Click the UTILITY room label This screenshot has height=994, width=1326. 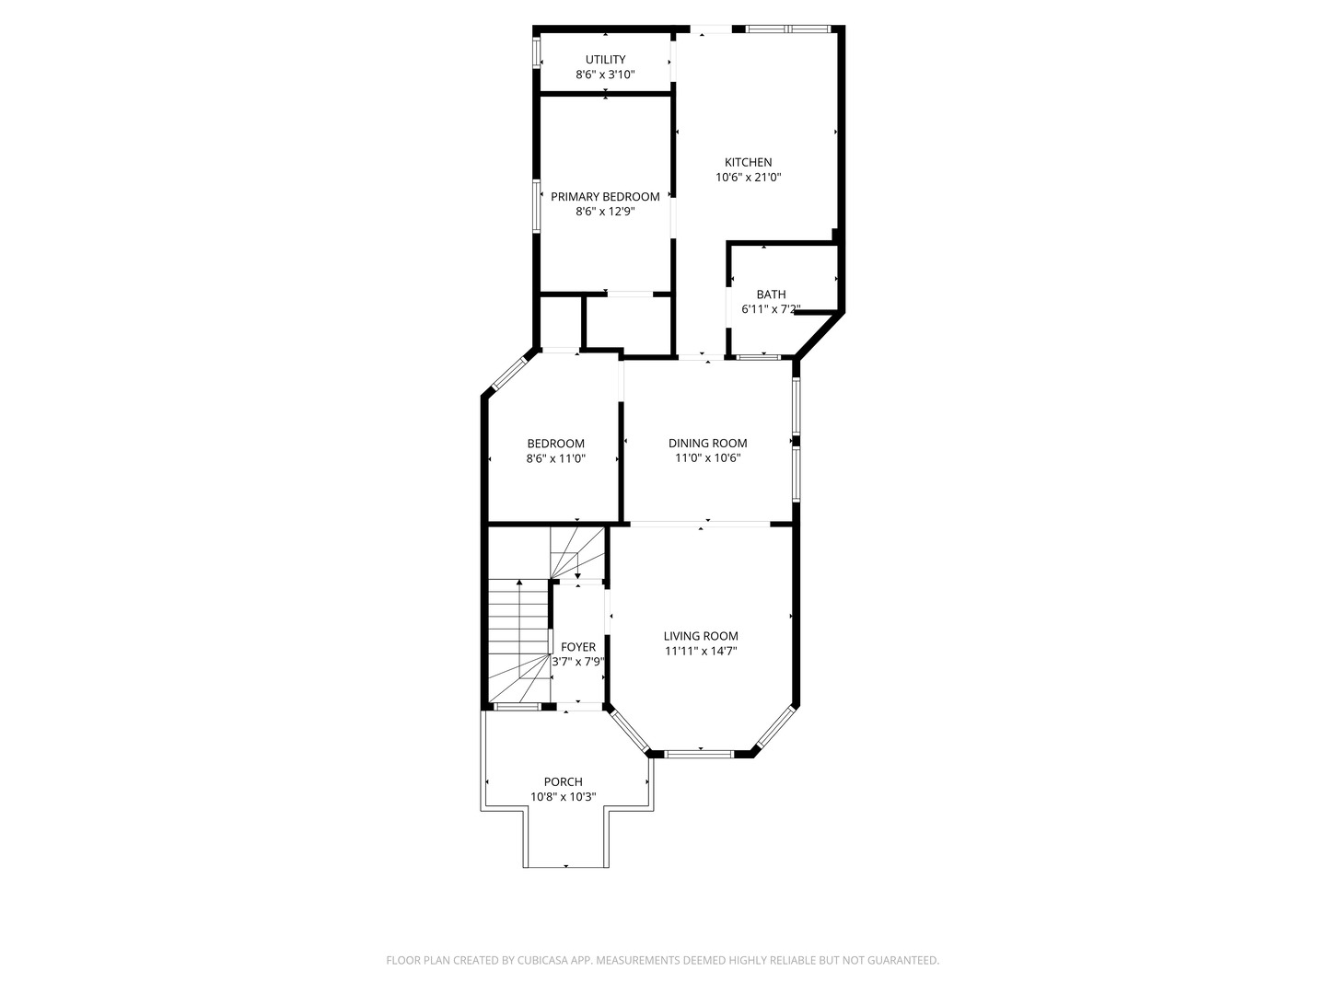click(605, 60)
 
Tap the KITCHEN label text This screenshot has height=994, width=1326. click(748, 163)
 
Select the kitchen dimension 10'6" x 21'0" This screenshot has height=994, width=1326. click(748, 178)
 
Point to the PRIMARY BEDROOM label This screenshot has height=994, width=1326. click(605, 197)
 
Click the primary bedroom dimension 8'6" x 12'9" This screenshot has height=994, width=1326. click(605, 212)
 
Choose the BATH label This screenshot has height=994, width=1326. click(771, 295)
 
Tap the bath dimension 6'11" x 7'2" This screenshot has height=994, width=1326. click(771, 309)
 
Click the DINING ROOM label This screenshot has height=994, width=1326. click(707, 444)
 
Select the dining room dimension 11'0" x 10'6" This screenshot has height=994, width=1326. click(707, 458)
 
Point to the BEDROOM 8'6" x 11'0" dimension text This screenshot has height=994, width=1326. click(555, 458)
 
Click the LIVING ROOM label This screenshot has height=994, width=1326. click(701, 636)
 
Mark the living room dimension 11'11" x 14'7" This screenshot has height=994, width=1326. click(701, 651)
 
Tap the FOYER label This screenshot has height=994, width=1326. click(577, 647)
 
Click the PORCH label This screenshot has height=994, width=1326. click(563, 782)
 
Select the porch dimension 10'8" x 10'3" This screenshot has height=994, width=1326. click(563, 797)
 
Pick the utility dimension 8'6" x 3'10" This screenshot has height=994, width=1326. click(605, 75)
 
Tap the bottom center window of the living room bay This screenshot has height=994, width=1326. click(700, 755)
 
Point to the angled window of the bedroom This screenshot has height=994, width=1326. click(508, 373)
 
